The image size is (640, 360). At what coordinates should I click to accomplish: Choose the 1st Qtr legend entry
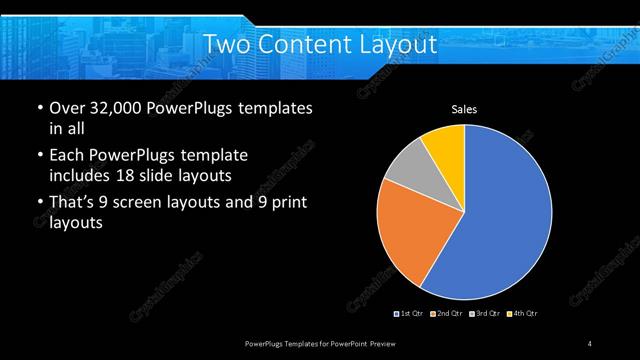(x=410, y=314)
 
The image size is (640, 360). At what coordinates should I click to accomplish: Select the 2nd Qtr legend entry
(x=446, y=314)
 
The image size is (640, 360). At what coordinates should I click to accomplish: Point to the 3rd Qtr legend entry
(x=484, y=314)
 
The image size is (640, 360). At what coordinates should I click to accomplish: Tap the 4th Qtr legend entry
(x=523, y=314)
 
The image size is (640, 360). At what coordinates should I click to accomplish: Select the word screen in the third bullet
(x=156, y=203)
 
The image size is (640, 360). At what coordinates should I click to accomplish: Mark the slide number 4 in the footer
(x=589, y=344)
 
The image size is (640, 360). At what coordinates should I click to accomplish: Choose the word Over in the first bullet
(x=66, y=107)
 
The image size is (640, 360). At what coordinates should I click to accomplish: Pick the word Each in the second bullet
(x=66, y=155)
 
